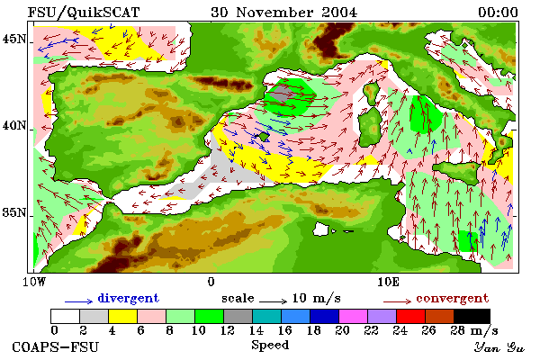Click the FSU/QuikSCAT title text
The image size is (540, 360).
coord(84,13)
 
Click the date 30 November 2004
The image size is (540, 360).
coord(284,13)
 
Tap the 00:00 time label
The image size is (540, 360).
coord(498,13)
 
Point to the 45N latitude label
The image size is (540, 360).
coord(14,39)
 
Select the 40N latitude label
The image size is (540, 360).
coord(14,125)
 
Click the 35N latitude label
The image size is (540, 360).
coord(14,212)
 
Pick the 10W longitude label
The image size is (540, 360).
coord(34,282)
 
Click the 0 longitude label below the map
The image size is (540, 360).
coord(211,282)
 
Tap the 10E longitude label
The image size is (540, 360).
coord(389,282)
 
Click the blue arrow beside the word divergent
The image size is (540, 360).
coord(79,301)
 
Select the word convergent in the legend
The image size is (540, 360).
coord(452,298)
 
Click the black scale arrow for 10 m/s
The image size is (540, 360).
coord(273,301)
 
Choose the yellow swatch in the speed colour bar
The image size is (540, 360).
coord(123,316)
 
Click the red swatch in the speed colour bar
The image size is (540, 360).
coord(410,316)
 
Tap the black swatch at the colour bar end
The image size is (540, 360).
coord(472,316)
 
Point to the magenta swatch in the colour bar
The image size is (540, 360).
coord(353,316)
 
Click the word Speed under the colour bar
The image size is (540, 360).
coord(270,346)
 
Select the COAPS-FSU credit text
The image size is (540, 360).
coord(56,346)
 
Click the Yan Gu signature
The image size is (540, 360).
coord(499,347)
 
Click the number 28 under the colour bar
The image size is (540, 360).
coord(458,330)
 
